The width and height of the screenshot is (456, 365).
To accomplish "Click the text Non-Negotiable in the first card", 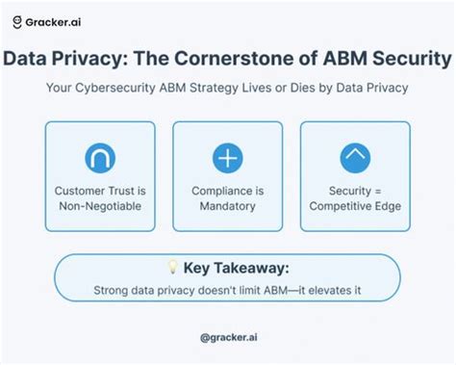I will point(100,207).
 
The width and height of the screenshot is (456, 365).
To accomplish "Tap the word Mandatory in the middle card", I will point(228,207).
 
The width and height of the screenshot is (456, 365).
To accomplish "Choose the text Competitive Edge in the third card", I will point(355,207).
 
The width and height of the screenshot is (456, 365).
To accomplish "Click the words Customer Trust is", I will point(100,192).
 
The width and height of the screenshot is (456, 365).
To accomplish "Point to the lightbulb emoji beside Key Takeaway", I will point(173,267).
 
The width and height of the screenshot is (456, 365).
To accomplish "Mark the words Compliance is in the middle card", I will point(228,192).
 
